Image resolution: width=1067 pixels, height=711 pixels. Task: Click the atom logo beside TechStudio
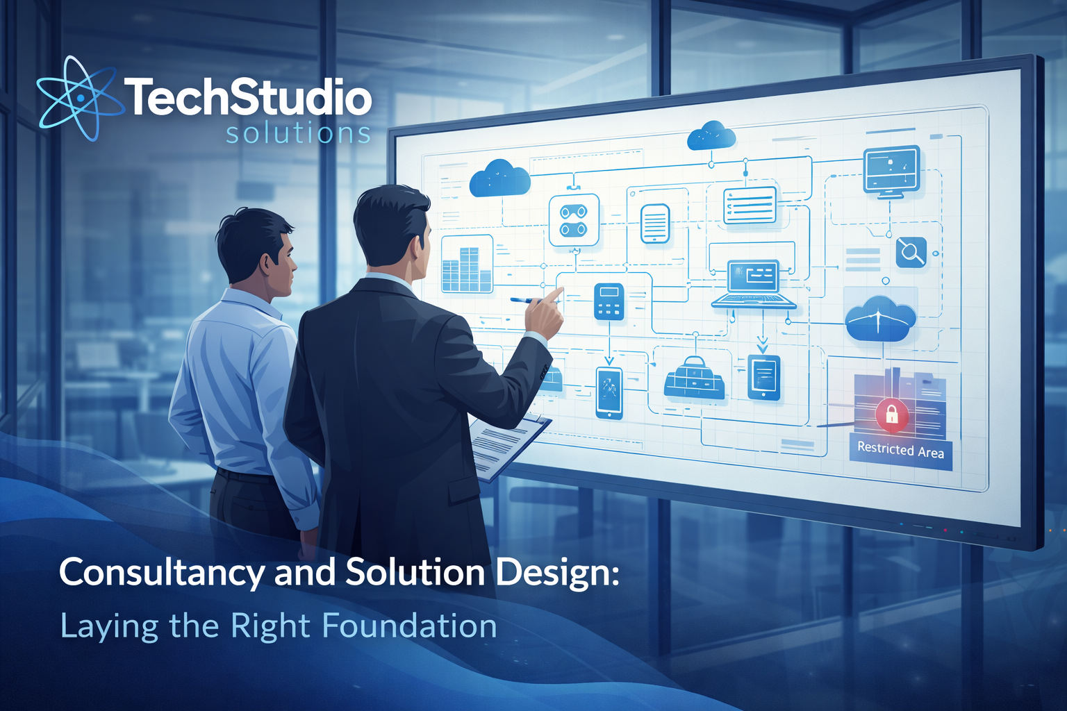pyautogui.click(x=78, y=98)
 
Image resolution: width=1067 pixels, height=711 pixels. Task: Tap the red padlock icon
pyautogui.click(x=891, y=415)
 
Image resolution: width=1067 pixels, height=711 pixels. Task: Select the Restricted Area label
pyautogui.click(x=900, y=450)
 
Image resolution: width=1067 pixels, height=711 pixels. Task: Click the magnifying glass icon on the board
pyautogui.click(x=910, y=251)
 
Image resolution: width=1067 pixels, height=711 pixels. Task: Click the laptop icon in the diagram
pyautogui.click(x=754, y=284)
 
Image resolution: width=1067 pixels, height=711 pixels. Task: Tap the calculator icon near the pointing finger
pyautogui.click(x=609, y=301)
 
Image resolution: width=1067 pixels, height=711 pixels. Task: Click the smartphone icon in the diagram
pyautogui.click(x=609, y=392)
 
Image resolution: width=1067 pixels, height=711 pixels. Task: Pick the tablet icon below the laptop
pyautogui.click(x=763, y=377)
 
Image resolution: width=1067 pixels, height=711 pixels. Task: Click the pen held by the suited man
pyautogui.click(x=528, y=301)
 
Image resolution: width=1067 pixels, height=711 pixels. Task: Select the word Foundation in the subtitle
pyautogui.click(x=409, y=626)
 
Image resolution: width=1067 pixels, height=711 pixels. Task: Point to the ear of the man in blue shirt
pyautogui.click(x=266, y=262)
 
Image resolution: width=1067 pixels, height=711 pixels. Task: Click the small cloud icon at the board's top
pyautogui.click(x=711, y=135)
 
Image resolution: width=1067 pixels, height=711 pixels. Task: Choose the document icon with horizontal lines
pyautogui.click(x=654, y=224)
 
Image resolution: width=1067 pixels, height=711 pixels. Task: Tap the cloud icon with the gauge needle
pyautogui.click(x=879, y=320)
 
